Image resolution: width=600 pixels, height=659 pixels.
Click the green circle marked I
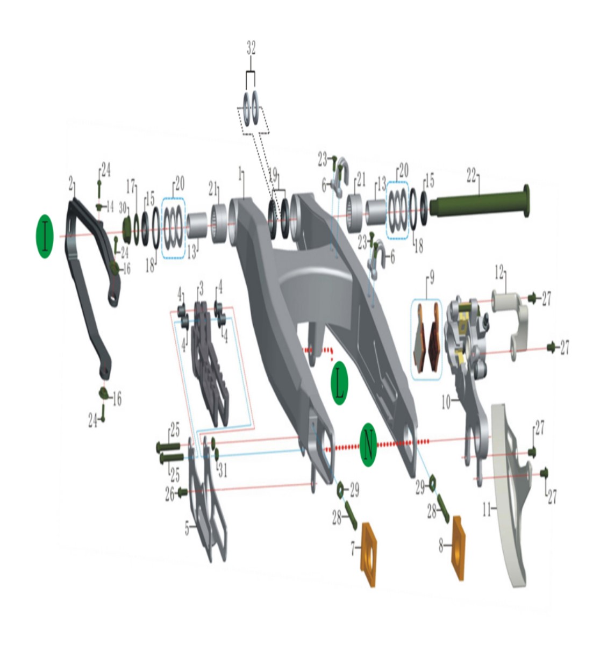[45, 236]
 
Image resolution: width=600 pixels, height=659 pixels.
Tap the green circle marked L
[339, 383]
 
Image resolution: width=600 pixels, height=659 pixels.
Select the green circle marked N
[368, 445]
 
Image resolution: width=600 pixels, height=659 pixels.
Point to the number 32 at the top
[251, 48]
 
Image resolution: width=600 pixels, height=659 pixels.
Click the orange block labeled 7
[369, 555]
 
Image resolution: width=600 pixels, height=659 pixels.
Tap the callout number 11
[487, 510]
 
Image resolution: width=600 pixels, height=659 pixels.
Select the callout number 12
[499, 273]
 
